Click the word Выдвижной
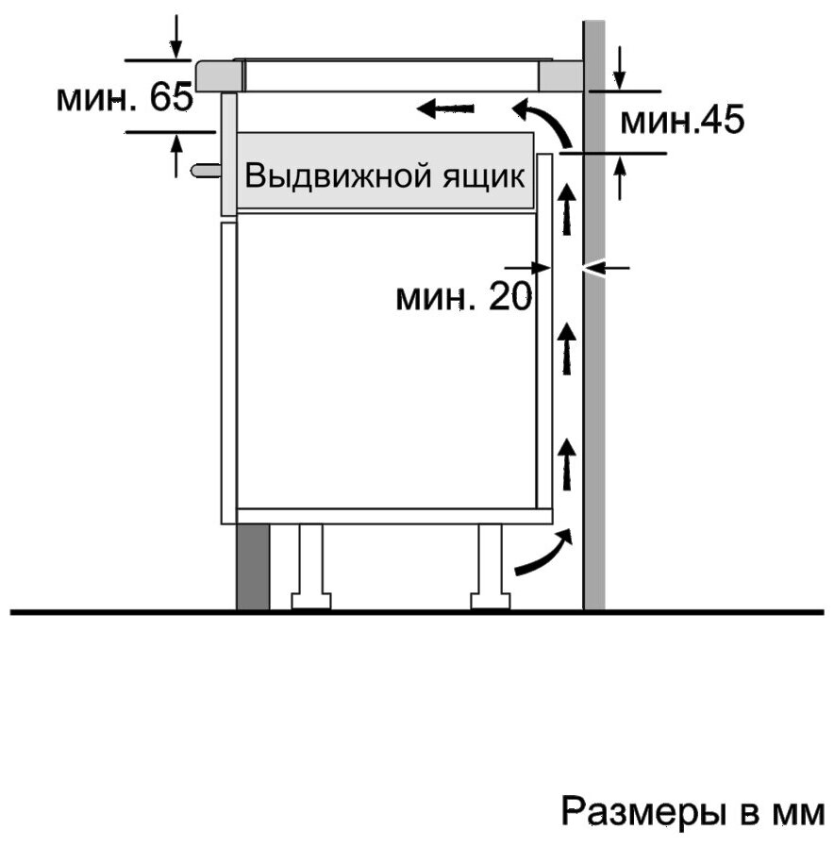click(339, 175)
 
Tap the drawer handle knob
click(206, 170)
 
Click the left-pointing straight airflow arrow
click(445, 108)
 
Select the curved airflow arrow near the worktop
click(542, 122)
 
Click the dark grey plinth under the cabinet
click(253, 567)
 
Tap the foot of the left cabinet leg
click(310, 601)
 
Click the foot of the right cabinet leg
click(491, 601)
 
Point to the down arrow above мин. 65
click(175, 37)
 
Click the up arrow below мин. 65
click(175, 157)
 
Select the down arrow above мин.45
click(620, 68)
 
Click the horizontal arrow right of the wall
click(607, 267)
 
